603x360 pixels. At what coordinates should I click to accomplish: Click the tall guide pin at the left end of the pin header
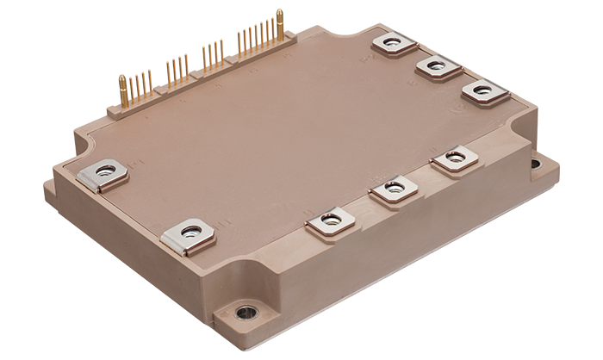pos(123,90)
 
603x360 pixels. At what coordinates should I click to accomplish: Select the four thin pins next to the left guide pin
pos(143,84)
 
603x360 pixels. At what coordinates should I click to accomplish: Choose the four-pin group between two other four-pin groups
pos(177,69)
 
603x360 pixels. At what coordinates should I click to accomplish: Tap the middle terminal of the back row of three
pos(436,66)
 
